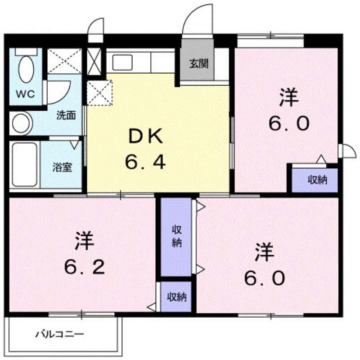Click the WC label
[25, 94]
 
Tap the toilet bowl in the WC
[27, 69]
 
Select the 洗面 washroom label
[66, 116]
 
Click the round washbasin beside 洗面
[21, 124]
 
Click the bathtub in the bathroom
[25, 164]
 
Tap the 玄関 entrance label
[199, 63]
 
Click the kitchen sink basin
[122, 62]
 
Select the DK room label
[146, 136]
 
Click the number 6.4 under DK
[145, 162]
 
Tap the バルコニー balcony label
[59, 334]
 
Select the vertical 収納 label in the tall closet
[177, 236]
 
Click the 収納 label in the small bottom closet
[176, 297]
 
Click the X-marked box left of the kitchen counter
[94, 62]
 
